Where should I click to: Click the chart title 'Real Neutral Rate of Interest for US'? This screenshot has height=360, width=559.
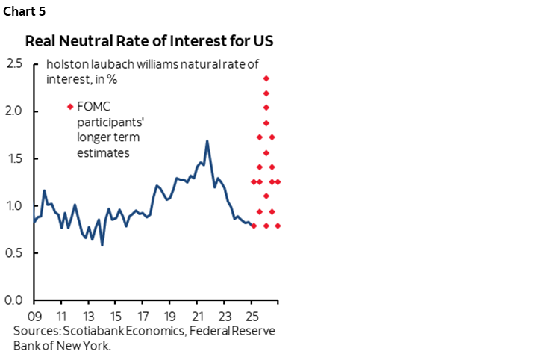149,40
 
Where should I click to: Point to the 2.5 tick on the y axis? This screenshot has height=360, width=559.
13,63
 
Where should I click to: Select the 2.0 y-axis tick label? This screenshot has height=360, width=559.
13,111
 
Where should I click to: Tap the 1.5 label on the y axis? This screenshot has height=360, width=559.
13,158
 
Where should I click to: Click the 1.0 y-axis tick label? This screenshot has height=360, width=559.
13,205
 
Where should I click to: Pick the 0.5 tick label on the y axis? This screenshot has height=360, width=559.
13,253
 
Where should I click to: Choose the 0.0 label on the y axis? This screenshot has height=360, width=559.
13,300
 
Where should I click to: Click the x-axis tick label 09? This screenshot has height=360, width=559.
34,314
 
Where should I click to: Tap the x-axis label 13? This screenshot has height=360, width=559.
88,314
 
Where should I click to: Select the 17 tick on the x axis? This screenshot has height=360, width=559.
143,314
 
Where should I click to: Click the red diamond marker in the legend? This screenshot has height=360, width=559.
70,106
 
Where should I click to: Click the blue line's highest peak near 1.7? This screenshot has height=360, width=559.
207,141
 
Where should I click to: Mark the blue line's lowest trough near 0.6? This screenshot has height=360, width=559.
102,244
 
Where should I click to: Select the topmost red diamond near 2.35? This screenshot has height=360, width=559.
266,78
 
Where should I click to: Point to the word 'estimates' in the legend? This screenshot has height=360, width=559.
102,152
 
